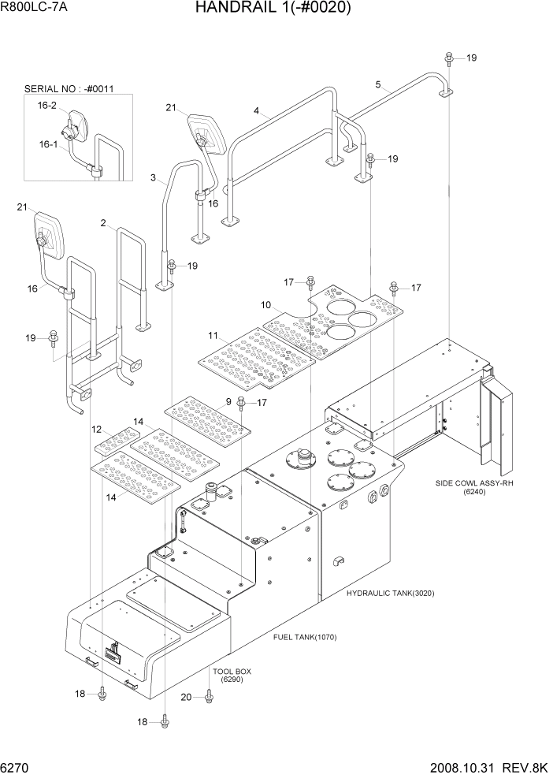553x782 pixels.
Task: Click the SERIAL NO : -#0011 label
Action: point(69,89)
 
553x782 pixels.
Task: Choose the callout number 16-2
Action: point(46,106)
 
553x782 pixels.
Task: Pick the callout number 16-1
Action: point(48,144)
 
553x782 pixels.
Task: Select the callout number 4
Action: point(256,111)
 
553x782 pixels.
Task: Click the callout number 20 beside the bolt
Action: point(186,696)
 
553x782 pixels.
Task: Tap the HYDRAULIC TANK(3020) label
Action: point(390,593)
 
